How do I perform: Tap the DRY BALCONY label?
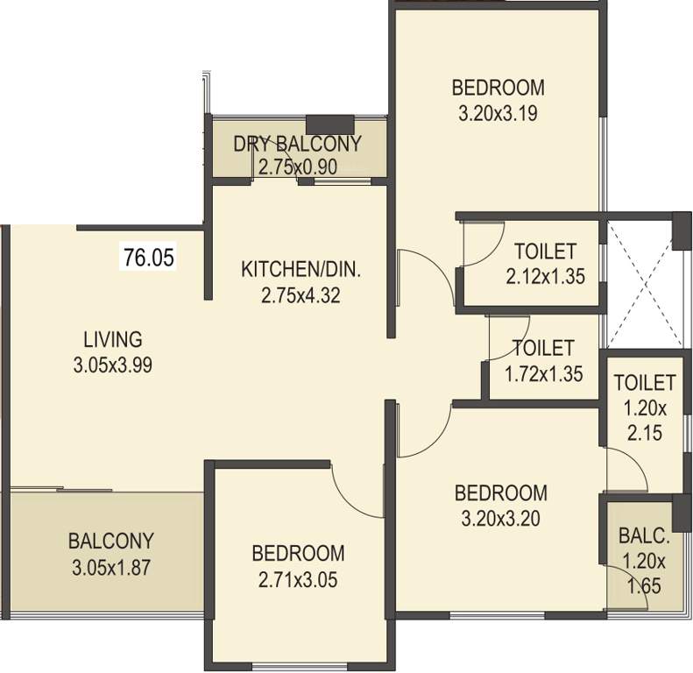(297, 145)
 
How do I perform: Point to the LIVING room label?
(113, 338)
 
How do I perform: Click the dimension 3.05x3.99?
(113, 366)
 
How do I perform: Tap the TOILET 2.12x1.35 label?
(544, 263)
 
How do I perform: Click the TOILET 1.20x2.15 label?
(644, 407)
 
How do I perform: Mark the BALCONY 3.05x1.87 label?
(112, 553)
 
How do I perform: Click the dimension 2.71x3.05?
(297, 579)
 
